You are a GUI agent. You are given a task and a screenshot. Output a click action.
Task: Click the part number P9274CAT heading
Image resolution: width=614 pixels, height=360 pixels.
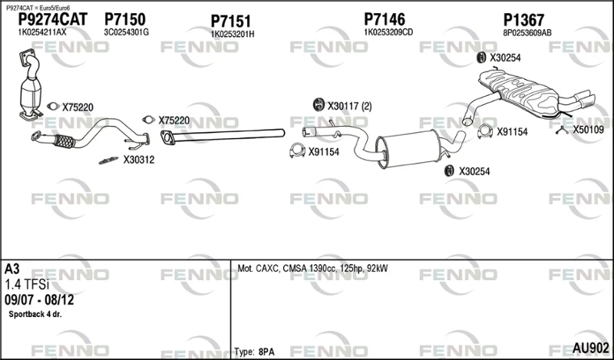tap(53, 20)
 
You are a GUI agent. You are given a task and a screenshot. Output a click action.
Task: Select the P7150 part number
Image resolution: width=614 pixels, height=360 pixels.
tap(125, 20)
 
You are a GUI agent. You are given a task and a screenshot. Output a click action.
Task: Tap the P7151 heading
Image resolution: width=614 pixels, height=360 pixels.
tap(231, 21)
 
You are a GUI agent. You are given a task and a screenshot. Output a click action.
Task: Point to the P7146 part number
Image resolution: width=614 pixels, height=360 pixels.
tap(385, 19)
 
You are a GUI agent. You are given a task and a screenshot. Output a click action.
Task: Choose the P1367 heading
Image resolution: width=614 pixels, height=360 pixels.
tap(523, 20)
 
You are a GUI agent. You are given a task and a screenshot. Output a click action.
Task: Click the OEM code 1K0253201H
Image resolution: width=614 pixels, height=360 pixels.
tap(233, 35)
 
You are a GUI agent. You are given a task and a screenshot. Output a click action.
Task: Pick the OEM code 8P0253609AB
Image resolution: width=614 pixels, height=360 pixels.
tap(527, 33)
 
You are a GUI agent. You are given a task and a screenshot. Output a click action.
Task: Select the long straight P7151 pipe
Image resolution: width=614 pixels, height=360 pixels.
tap(223, 136)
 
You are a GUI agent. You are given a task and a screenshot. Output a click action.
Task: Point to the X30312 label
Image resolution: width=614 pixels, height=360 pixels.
tap(139, 160)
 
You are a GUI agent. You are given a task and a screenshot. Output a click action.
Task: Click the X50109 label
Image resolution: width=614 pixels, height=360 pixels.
tap(589, 130)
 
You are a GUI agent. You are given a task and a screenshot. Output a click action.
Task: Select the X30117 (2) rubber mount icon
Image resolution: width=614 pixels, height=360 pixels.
tap(319, 105)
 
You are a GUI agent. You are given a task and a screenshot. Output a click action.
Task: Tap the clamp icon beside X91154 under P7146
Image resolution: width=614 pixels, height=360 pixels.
tap(297, 150)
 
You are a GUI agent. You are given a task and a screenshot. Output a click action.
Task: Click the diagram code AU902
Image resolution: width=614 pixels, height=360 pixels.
tap(591, 348)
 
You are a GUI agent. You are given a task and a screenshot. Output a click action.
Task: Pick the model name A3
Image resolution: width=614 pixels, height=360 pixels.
tap(12, 269)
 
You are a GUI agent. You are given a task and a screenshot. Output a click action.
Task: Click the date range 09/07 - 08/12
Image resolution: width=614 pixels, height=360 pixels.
tap(39, 300)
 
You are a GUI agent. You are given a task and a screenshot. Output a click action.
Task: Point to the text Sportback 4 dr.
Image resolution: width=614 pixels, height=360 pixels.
tap(35, 314)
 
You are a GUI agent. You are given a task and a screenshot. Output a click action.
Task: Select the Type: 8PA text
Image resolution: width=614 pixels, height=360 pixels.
tap(255, 352)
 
